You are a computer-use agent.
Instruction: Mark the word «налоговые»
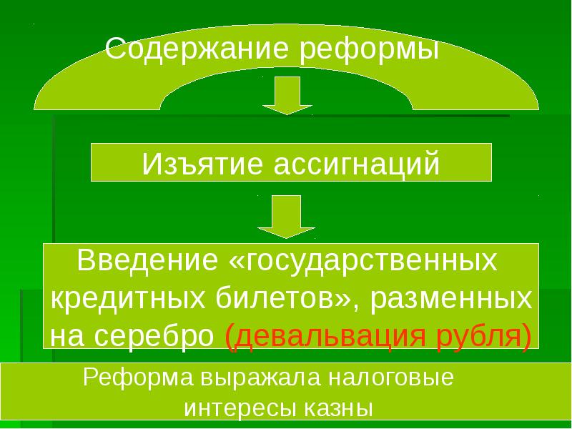pos(383,378)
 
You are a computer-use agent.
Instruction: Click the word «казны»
pos(339,410)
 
